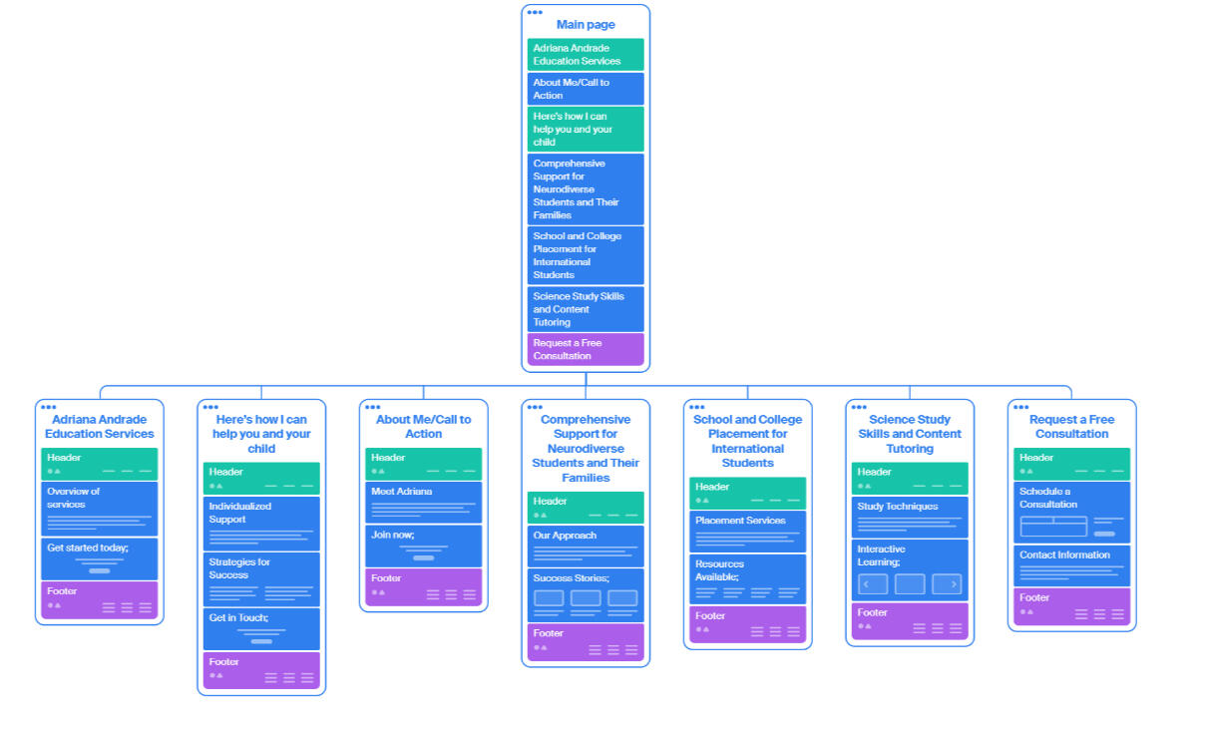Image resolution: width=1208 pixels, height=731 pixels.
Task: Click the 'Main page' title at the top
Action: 586,25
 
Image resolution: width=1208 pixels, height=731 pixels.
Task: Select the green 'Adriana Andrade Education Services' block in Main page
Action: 586,55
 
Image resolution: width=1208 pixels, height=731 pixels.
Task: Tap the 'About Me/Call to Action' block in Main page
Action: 586,89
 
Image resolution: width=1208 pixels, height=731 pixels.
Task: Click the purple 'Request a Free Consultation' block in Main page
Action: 586,350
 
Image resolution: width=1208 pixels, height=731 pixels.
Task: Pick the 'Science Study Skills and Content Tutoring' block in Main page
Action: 586,309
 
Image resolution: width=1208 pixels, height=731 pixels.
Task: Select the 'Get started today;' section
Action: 100,558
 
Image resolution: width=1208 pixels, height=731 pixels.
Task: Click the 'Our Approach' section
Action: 586,546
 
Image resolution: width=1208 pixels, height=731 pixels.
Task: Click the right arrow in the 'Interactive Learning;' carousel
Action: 947,584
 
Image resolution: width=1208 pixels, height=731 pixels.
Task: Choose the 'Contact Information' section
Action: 1071,565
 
